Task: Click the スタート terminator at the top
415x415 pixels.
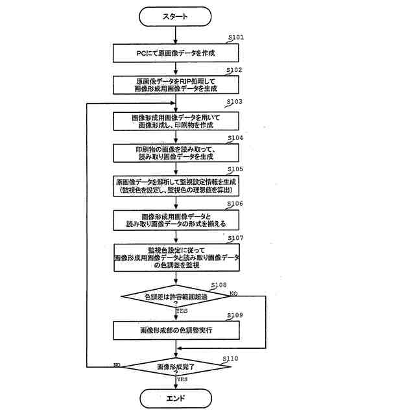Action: [x=175, y=16]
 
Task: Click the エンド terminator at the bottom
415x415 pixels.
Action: [x=175, y=397]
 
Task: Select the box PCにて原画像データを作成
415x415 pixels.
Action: [x=176, y=52]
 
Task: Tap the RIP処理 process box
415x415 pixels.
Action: [x=176, y=86]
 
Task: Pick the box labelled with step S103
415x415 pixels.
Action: [x=176, y=121]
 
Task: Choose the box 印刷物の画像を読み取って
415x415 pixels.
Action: [x=176, y=153]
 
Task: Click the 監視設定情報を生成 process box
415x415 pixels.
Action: [x=176, y=187]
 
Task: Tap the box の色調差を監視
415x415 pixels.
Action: [x=176, y=257]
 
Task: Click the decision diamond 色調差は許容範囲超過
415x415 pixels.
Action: [x=176, y=298]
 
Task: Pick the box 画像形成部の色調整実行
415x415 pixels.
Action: [x=176, y=330]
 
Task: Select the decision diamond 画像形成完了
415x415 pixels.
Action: [x=176, y=367]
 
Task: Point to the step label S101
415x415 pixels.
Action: [x=235, y=38]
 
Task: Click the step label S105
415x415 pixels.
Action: [x=235, y=169]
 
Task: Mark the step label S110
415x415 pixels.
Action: [x=230, y=358]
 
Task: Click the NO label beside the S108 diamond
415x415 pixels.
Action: [x=234, y=293]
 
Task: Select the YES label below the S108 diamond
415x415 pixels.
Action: [x=182, y=311]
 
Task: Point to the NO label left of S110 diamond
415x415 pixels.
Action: [x=117, y=364]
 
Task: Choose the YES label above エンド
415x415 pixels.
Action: [x=182, y=379]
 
